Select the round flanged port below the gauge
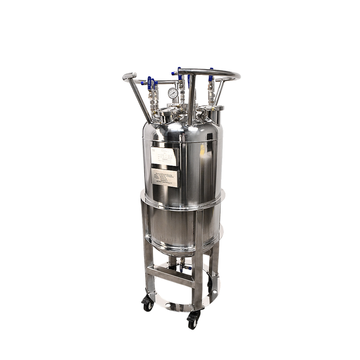166,116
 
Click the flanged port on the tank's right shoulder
217,109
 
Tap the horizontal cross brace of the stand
169,275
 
